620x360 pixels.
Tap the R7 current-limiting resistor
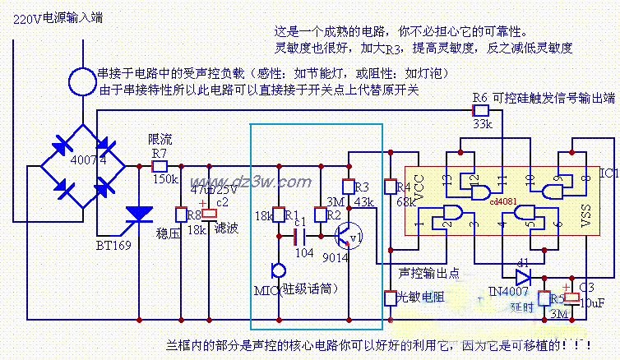pyautogui.click(x=160, y=166)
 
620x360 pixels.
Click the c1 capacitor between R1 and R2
pyautogui.click(x=299, y=237)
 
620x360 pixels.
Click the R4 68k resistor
pyautogui.click(x=391, y=188)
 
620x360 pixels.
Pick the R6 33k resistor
pyautogui.click(x=482, y=109)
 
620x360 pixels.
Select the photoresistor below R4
pyautogui.click(x=391, y=298)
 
